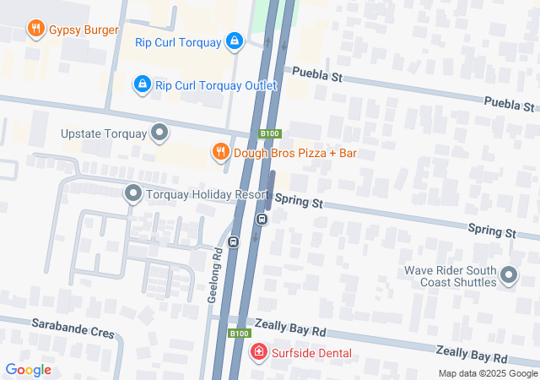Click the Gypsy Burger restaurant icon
click(x=35, y=30)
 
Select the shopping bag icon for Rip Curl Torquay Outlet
click(x=143, y=84)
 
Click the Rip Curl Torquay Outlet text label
click(x=216, y=84)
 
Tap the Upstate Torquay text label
click(x=104, y=133)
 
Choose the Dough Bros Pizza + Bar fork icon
click(x=220, y=152)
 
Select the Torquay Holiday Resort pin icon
click(x=132, y=194)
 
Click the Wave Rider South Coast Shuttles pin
click(x=509, y=276)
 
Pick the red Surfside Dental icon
click(x=259, y=352)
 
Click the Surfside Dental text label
click(x=311, y=353)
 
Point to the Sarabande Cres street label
click(x=73, y=324)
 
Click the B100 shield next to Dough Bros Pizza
click(x=269, y=133)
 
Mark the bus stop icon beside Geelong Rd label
click(x=234, y=242)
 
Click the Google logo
click(x=28, y=369)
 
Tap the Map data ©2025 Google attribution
click(x=488, y=373)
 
